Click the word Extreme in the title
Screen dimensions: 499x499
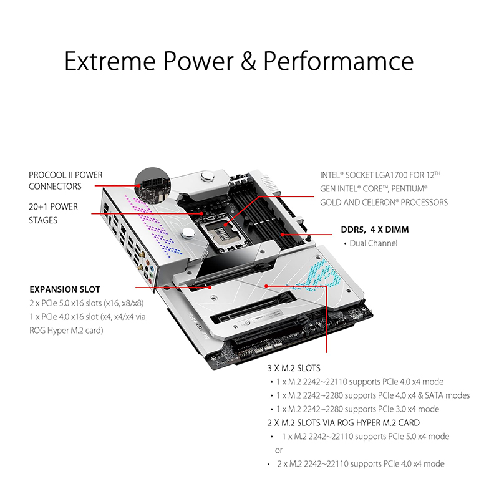coord(110,61)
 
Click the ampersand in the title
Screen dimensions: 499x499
coord(248,61)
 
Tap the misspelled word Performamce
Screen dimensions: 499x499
coord(339,61)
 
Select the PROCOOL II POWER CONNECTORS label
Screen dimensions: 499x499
coord(65,180)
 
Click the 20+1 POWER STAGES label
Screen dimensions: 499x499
coord(53,213)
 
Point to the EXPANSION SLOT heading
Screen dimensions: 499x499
coord(65,289)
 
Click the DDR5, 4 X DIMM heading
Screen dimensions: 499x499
coord(375,230)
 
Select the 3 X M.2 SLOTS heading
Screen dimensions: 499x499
coord(294,368)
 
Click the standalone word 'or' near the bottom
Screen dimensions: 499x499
coord(279,450)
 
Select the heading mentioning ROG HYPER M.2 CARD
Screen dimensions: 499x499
coord(344,423)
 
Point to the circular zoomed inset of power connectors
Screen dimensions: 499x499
coord(153,186)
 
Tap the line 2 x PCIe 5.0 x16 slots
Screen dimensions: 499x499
coord(87,303)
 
